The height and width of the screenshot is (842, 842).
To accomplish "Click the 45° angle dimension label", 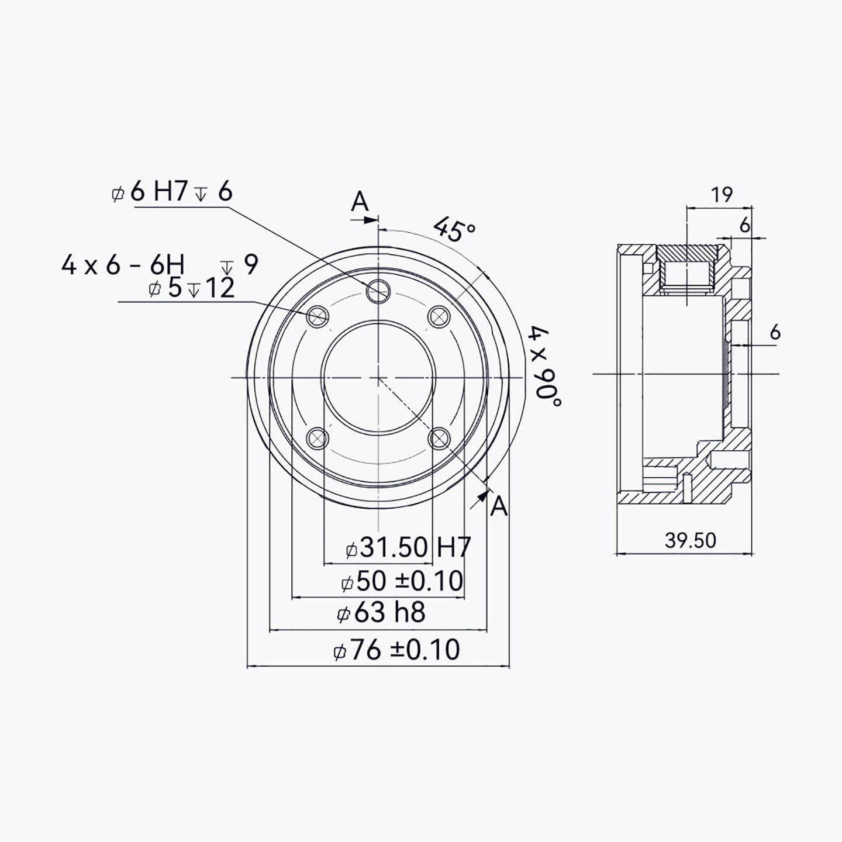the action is click(x=454, y=229).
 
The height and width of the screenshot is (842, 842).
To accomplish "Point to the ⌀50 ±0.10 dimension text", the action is click(x=402, y=581).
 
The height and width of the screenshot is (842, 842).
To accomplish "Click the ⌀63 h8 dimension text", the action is click(x=381, y=612).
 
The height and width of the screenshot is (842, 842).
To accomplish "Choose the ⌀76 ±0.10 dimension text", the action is click(x=396, y=649).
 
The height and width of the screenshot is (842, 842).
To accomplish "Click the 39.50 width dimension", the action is click(x=691, y=540).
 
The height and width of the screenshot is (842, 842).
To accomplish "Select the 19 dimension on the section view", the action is click(x=722, y=195).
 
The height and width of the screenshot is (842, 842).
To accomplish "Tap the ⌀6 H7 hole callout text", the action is click(x=172, y=192).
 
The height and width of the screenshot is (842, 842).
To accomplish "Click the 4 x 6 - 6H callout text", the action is click(x=123, y=265).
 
